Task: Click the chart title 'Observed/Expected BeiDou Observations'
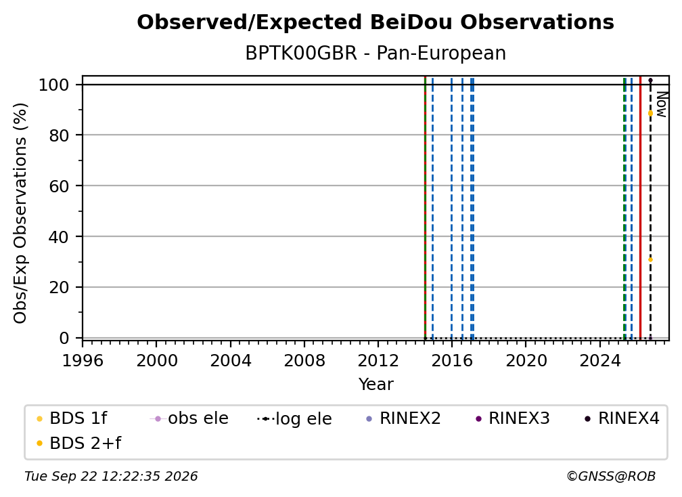point(376,22)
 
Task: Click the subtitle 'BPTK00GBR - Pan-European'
point(376,53)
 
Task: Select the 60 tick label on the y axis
point(59,186)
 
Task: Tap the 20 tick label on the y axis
point(59,287)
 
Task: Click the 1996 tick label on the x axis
point(83,360)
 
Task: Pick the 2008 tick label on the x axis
point(304,360)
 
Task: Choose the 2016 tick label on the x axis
point(452,360)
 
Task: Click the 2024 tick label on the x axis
point(599,360)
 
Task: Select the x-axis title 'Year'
point(376,384)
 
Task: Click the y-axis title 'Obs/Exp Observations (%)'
point(20,213)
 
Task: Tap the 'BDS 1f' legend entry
point(72,418)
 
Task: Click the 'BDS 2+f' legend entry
point(78,443)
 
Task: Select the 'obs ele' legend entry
point(189,418)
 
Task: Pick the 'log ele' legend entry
point(294,418)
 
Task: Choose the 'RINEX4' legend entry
point(622,418)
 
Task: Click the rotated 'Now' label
point(661,104)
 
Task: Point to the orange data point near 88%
point(650,113)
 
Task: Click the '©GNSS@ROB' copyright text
point(611,476)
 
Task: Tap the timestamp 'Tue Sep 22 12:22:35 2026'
point(111,476)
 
